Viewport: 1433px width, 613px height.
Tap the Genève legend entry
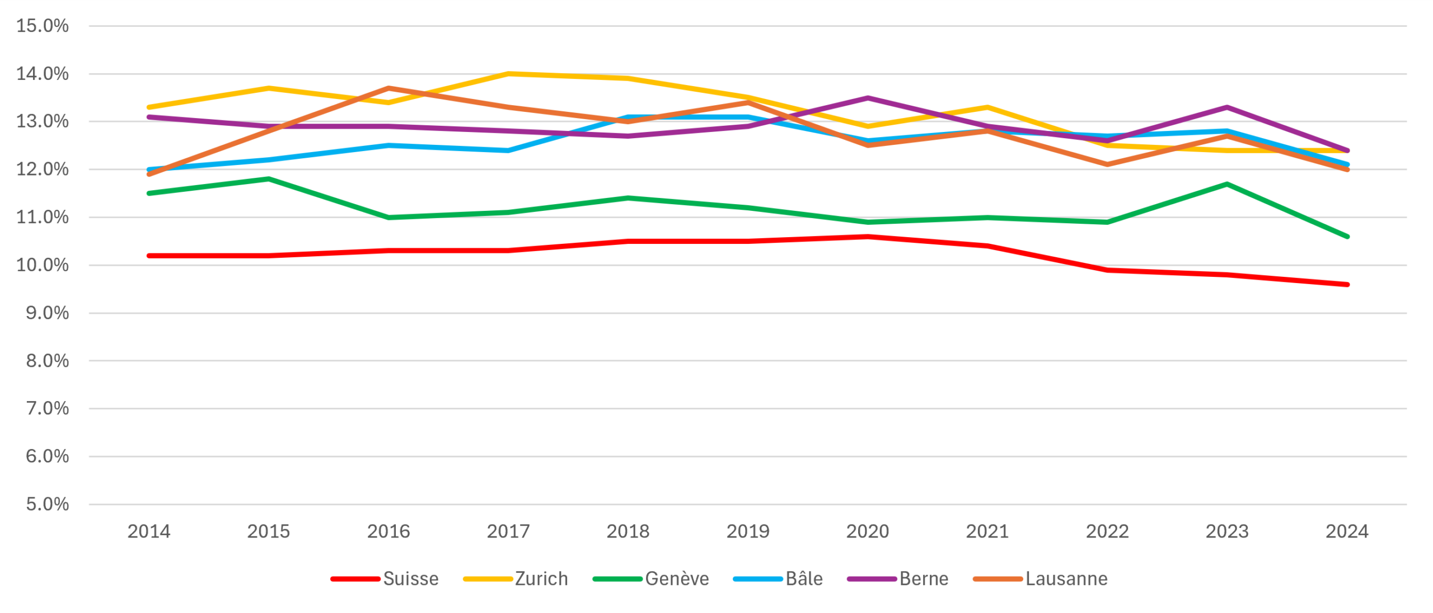coord(650,578)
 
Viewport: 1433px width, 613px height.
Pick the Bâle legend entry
coord(778,578)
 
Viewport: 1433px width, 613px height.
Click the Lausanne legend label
coord(1040,578)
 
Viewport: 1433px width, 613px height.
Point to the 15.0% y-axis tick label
coord(43,26)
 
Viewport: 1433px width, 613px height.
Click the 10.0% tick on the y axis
coord(43,265)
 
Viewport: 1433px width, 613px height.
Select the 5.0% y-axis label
coord(48,504)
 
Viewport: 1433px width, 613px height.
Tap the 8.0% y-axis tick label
coord(48,361)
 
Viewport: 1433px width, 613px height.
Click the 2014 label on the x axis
coord(149,531)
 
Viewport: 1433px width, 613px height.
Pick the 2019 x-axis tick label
coord(748,531)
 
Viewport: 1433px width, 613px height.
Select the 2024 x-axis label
coord(1347,531)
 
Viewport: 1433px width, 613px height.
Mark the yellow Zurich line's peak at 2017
coord(508,73)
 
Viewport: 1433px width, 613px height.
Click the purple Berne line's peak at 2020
coord(868,98)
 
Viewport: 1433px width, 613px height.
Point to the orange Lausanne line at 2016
coord(388,88)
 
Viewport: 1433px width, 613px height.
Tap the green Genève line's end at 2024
coord(1347,237)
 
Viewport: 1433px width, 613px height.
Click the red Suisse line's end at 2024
coord(1347,285)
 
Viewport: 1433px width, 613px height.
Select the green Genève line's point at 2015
coord(269,179)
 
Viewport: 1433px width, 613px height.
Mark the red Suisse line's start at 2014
coord(149,256)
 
